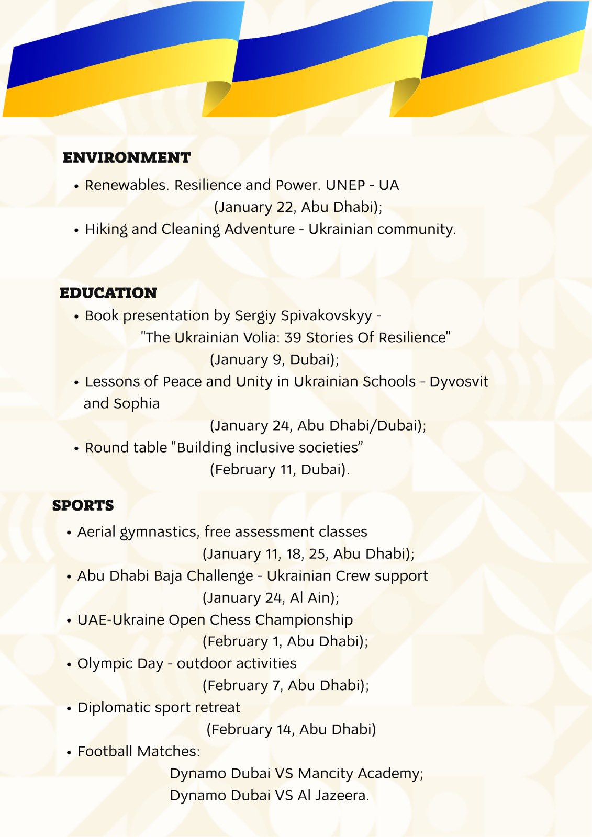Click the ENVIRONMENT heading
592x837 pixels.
point(127,157)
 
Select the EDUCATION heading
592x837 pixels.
point(108,292)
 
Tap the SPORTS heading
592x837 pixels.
point(83,505)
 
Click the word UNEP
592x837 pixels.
point(345,185)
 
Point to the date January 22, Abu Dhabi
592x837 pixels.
point(298,207)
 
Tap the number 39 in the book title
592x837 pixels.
point(293,337)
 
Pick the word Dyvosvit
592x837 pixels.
point(459,382)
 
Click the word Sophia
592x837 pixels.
point(137,404)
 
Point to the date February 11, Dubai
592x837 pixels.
point(279,469)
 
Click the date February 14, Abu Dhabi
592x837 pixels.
point(291,729)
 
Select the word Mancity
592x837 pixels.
point(326,773)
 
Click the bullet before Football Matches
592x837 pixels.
point(69,752)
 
